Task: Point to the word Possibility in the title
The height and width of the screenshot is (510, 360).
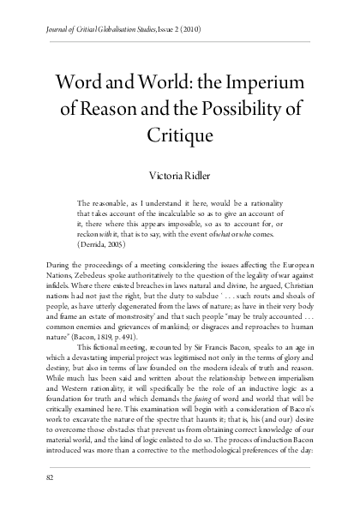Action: [242, 110]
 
